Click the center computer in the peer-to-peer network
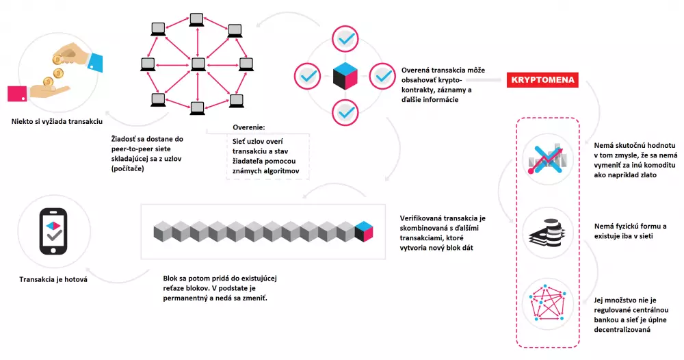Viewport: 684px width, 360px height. (x=198, y=64)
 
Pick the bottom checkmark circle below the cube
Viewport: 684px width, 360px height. (x=346, y=111)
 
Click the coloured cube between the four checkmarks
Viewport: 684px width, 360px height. (x=346, y=75)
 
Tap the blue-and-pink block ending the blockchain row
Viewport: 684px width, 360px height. (x=363, y=231)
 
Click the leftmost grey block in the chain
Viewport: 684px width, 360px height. (x=161, y=231)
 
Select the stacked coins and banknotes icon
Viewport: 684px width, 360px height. (x=544, y=231)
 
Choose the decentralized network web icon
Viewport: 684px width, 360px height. (x=544, y=302)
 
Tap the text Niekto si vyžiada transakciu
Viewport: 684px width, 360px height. (x=56, y=121)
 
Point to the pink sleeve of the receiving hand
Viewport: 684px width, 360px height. (x=16, y=94)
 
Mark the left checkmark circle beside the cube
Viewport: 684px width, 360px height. (x=308, y=75)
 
